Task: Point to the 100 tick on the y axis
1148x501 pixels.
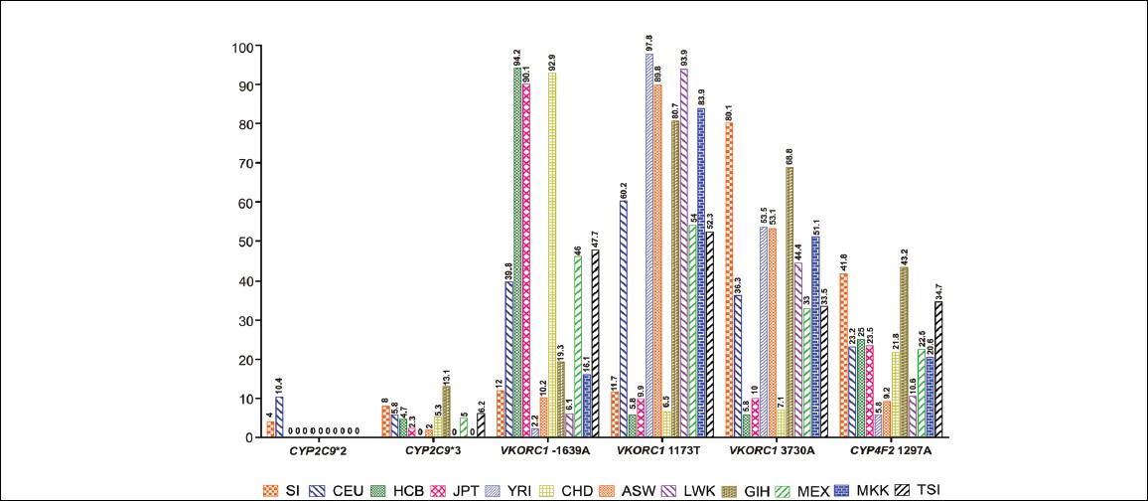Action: pyautogui.click(x=242, y=47)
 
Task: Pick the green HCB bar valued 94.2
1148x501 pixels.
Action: pyautogui.click(x=516, y=252)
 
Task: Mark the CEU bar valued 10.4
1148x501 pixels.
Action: pyautogui.click(x=280, y=417)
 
